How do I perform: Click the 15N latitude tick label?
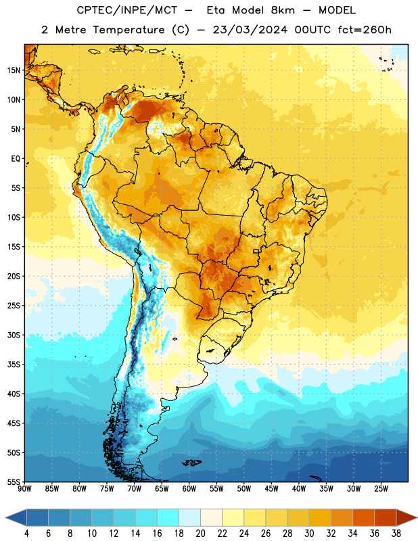point(14,70)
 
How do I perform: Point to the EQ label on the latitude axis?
point(16,159)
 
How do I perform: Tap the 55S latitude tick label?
point(14,481)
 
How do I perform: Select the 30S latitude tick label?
point(14,335)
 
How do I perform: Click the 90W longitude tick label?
point(25,489)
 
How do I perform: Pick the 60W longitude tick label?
point(189,489)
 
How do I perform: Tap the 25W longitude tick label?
point(381,489)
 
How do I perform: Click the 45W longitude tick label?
point(271,489)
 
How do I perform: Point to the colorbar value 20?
point(200,534)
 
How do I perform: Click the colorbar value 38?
point(396,534)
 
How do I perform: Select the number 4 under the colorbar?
point(26,534)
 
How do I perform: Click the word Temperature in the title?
point(129,30)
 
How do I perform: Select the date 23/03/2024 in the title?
point(250,30)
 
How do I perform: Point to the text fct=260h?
point(365,30)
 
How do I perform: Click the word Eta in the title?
point(216,10)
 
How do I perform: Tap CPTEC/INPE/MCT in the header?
point(126,10)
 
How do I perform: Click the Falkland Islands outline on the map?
point(192,463)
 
